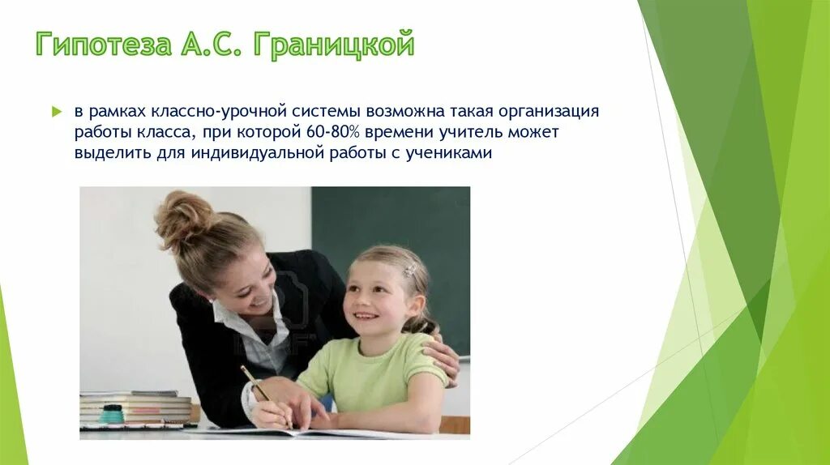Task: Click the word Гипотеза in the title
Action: pos(104,44)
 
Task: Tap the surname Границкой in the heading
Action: pos(333,44)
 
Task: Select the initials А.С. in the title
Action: pos(212,44)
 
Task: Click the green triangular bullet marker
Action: pos(57,112)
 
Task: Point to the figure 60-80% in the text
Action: pos(332,132)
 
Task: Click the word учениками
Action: pos(448,153)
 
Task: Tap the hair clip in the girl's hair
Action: pos(410,271)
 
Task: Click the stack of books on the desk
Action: pos(135,408)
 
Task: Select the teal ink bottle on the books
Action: pos(111,414)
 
